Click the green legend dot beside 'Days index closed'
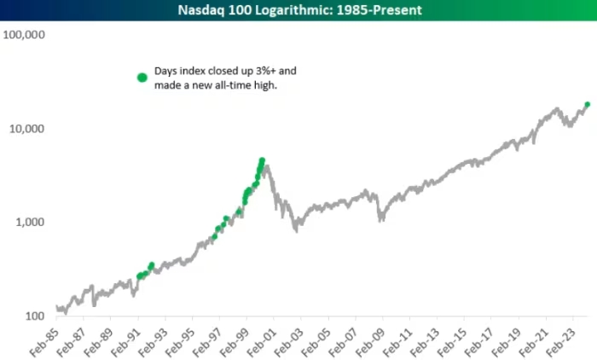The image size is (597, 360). [x=142, y=78]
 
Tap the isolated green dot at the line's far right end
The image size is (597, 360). [x=587, y=105]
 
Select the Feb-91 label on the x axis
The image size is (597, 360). [x=131, y=340]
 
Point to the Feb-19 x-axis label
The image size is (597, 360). [x=513, y=340]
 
